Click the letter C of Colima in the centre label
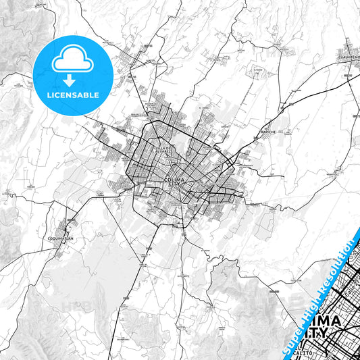point(167,179)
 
